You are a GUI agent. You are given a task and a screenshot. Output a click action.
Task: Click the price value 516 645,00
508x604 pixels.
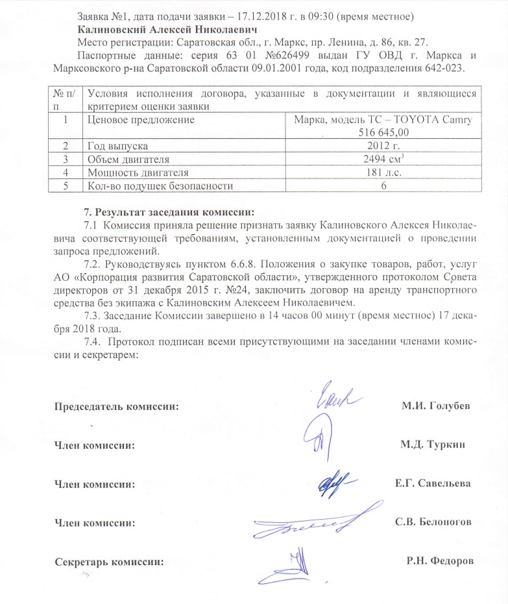click(385, 132)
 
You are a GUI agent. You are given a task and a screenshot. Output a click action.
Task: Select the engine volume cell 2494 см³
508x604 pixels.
click(385, 160)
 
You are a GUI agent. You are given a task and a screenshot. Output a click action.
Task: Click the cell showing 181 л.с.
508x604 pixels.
click(385, 173)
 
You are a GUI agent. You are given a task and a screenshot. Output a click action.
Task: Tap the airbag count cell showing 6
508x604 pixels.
click(385, 187)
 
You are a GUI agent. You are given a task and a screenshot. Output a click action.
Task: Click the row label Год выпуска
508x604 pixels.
click(118, 146)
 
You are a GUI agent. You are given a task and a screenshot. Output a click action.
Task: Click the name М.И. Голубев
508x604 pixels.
click(435, 406)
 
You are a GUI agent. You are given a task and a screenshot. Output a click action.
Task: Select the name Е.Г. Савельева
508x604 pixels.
click(433, 483)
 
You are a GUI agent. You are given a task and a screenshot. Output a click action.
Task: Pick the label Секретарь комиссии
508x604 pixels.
click(108, 561)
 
